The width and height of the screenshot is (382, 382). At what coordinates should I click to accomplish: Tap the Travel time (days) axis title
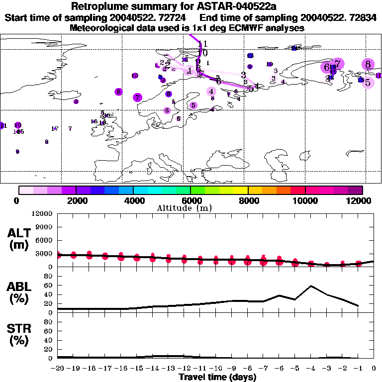tap(218, 377)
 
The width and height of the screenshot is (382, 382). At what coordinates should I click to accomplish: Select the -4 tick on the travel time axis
tap(311, 369)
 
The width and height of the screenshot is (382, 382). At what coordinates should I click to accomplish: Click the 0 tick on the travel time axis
tap(374, 369)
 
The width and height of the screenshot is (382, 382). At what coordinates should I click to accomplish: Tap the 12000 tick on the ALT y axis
tap(43, 214)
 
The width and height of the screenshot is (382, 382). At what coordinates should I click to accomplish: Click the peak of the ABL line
tap(311, 286)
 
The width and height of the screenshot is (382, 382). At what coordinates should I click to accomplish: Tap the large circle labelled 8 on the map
tap(368, 64)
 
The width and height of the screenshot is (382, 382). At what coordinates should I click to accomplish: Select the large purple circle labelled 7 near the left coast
tap(138, 97)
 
